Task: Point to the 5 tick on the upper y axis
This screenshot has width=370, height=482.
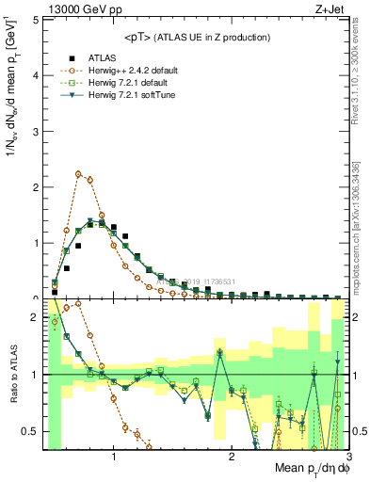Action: pos(36,20)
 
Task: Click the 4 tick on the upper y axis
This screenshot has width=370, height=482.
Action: pos(36,75)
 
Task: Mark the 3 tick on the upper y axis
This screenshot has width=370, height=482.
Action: pos(36,131)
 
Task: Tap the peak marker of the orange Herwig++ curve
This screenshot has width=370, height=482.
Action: pos(78,174)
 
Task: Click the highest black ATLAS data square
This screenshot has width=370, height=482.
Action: pos(102,219)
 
